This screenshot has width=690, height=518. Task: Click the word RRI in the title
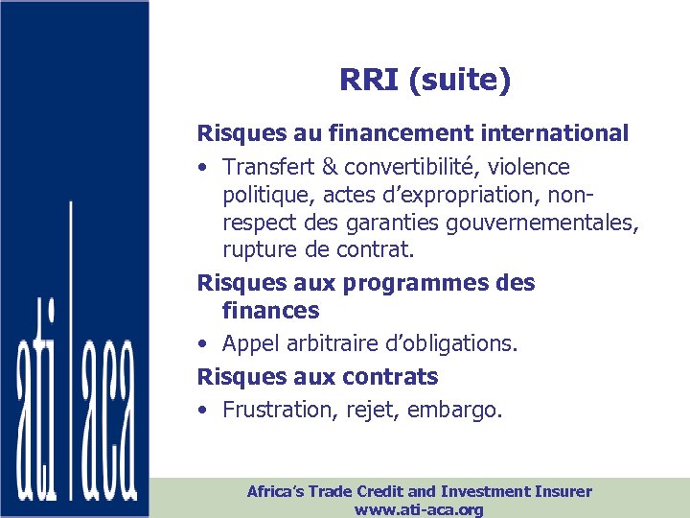point(369,81)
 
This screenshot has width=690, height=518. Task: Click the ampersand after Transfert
point(330,167)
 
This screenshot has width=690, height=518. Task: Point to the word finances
point(270,311)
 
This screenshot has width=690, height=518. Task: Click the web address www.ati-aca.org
point(419,509)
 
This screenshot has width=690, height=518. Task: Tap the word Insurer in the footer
point(560,491)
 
